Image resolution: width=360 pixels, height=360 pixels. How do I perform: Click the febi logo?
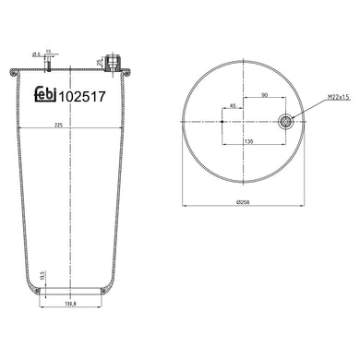43,93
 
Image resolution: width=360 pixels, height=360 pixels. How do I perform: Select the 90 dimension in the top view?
267,93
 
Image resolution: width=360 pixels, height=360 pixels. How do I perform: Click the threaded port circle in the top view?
286,119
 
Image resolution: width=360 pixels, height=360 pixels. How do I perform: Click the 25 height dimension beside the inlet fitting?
99,62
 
